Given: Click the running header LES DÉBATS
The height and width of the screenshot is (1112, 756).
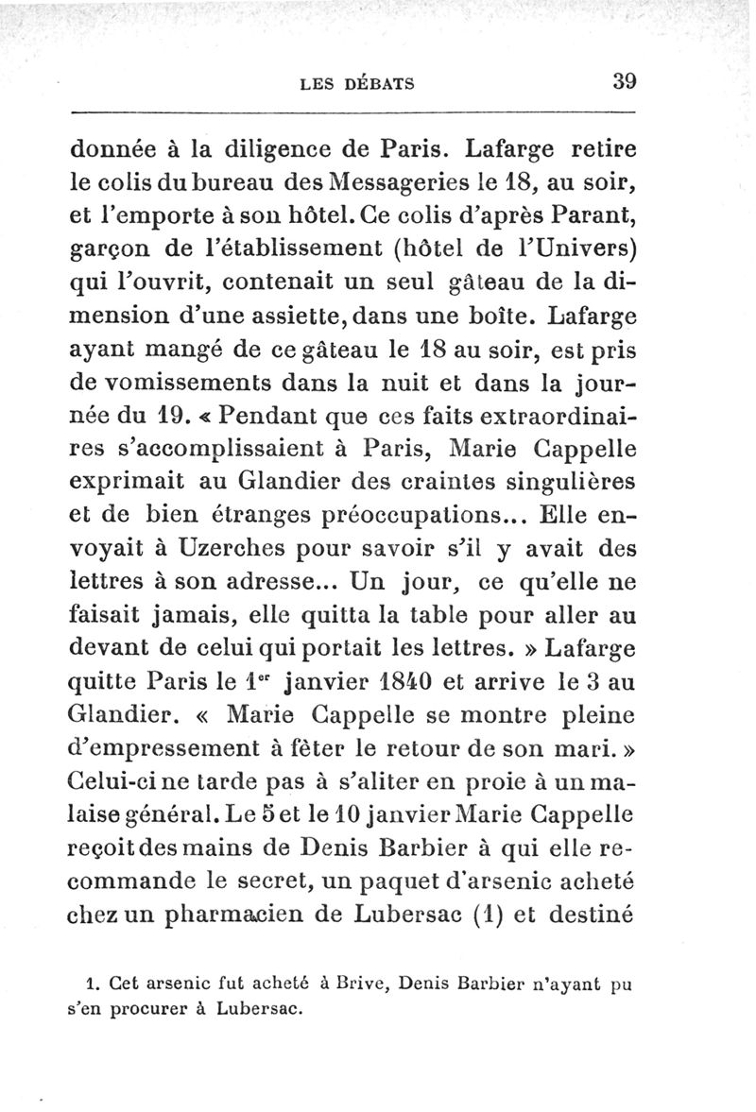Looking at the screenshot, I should coord(356,83).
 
